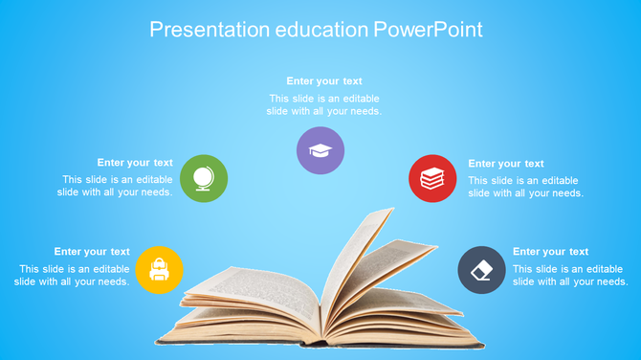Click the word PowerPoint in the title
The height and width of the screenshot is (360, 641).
click(428, 30)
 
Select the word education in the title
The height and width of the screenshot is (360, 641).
click(321, 30)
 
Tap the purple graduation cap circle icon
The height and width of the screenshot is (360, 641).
click(320, 150)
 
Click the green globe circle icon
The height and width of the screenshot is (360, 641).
click(204, 178)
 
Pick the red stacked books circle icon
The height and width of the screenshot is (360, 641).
click(432, 178)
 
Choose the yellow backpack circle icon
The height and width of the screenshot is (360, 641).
click(159, 269)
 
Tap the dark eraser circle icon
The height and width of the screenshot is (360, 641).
click(481, 269)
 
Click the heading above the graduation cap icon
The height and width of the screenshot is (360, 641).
click(324, 81)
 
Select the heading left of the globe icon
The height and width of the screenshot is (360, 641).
click(135, 163)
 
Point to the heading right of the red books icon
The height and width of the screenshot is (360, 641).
click(506, 164)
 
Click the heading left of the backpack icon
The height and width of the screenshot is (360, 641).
click(92, 252)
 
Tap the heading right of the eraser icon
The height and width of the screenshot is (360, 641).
click(551, 252)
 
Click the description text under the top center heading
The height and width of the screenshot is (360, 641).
click(324, 104)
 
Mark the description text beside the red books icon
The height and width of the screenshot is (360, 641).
click(524, 187)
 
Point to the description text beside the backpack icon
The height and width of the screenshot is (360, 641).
click(73, 276)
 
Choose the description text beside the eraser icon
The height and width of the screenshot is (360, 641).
click(569, 276)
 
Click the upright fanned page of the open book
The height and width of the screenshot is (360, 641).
click(359, 259)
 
